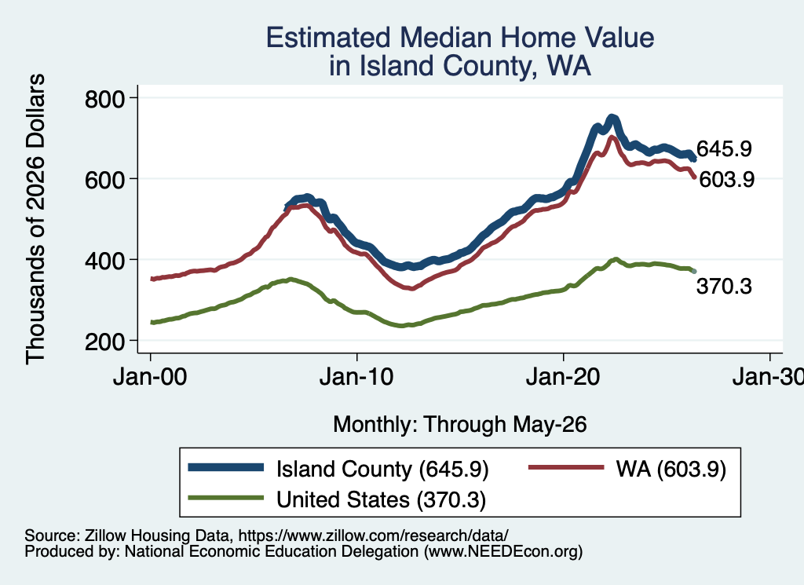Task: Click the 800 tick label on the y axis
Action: click(x=104, y=98)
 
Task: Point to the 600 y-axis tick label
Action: click(x=104, y=180)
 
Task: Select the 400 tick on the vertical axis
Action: click(x=104, y=261)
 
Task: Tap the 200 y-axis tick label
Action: click(x=104, y=341)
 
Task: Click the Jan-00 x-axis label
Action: click(x=150, y=377)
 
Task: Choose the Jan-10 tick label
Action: click(x=356, y=377)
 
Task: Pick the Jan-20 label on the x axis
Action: click(x=563, y=377)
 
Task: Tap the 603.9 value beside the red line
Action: click(x=726, y=180)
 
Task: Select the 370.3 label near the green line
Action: click(x=724, y=286)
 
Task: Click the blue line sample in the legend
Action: click(x=225, y=467)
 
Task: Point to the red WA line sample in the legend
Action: click(x=566, y=467)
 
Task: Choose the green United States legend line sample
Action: click(x=225, y=498)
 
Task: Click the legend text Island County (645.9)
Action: click(x=382, y=469)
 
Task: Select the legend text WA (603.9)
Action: click(x=671, y=469)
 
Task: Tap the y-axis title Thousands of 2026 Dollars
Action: click(x=35, y=219)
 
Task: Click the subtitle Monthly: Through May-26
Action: click(x=460, y=425)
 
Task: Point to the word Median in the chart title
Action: click(x=445, y=38)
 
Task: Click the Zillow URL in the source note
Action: click(x=373, y=536)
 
